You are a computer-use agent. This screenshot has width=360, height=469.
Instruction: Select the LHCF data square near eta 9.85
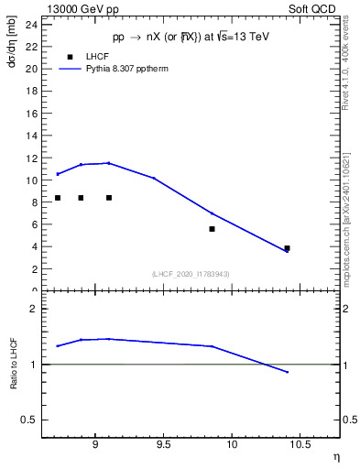[x=212, y=229]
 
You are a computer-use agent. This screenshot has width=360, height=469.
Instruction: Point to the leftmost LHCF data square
[x=58, y=198]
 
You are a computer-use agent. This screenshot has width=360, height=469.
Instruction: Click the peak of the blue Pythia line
[x=109, y=163]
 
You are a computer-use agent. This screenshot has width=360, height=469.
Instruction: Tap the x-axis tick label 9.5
[x=163, y=446]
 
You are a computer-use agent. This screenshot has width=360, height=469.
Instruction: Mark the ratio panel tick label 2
[x=32, y=310]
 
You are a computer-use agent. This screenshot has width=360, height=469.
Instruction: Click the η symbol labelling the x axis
[x=334, y=455]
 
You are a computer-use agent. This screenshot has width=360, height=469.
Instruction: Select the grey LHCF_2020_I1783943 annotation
[x=190, y=274]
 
